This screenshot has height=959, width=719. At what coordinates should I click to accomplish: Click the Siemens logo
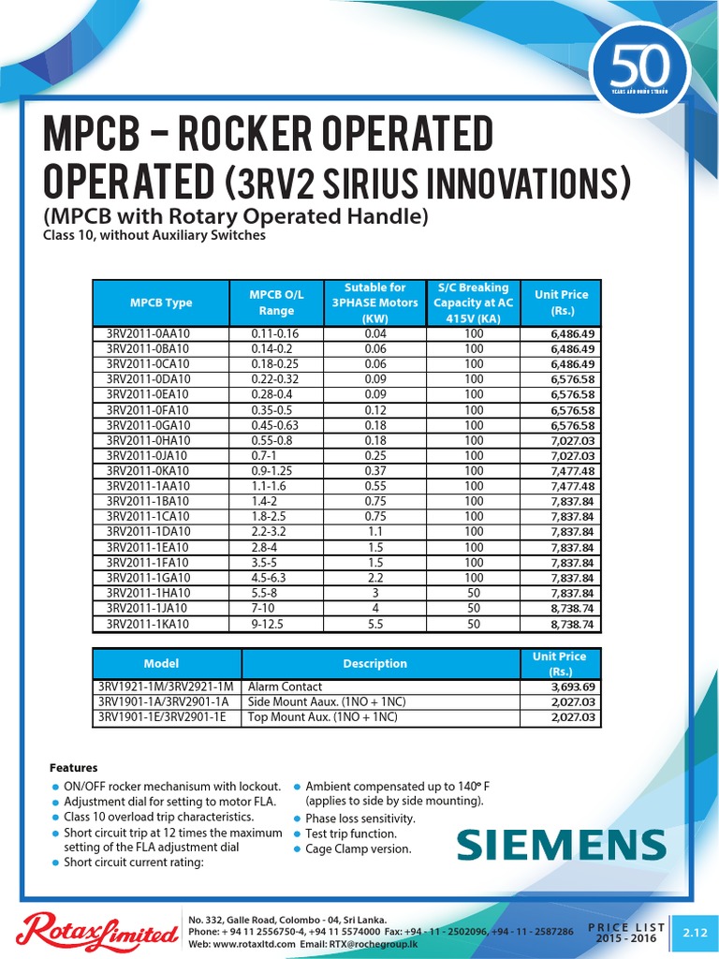tap(562, 845)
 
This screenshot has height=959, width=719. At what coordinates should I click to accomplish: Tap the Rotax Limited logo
tap(97, 930)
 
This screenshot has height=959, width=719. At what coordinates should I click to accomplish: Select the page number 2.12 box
tap(694, 932)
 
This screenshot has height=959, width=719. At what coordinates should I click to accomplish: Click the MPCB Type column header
tap(161, 302)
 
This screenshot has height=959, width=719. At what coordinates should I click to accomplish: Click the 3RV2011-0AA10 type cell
tap(148, 333)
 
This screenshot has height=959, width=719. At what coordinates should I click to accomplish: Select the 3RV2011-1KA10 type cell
tap(148, 623)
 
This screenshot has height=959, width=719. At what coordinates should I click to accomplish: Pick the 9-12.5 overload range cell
tap(267, 623)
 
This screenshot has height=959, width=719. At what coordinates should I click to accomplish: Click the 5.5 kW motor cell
tap(374, 623)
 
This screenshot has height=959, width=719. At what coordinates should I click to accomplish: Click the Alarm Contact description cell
tap(285, 686)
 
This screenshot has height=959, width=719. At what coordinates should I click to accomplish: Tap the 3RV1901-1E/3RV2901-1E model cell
tap(163, 717)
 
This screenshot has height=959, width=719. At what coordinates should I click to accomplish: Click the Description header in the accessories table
tap(374, 663)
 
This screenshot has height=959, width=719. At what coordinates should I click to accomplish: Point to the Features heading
tap(73, 768)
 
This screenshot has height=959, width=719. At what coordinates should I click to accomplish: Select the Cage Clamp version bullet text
tap(358, 848)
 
